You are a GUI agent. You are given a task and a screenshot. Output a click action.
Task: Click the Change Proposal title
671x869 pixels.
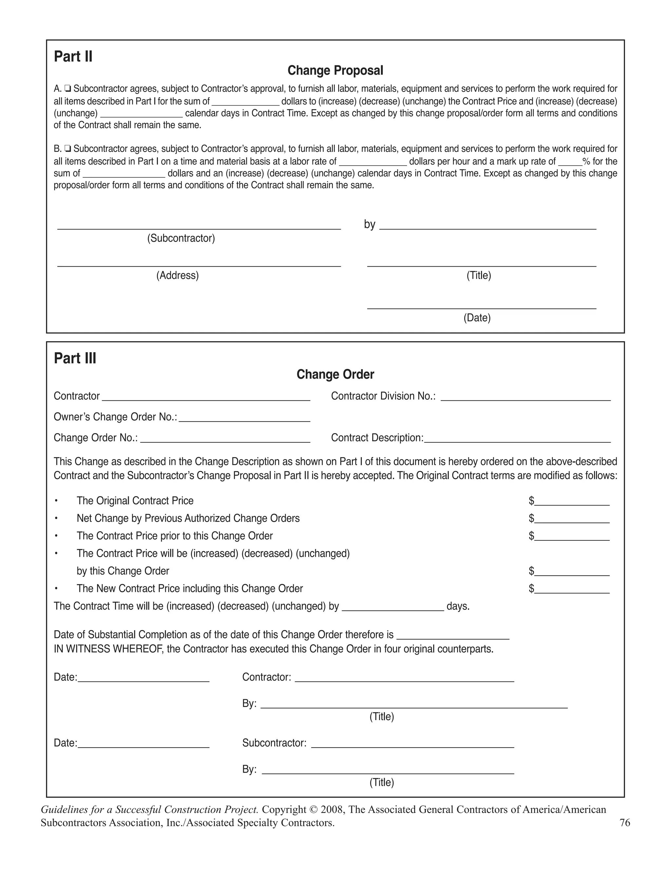[335, 71]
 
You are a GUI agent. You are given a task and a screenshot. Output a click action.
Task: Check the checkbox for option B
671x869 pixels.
[68, 149]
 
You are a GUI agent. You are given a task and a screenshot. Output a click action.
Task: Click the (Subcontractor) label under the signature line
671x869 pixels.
[181, 238]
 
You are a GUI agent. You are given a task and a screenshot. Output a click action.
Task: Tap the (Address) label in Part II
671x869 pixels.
[177, 275]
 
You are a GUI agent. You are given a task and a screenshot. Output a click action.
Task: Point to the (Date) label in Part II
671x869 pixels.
[477, 317]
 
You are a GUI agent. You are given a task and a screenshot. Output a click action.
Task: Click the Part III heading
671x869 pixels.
[75, 358]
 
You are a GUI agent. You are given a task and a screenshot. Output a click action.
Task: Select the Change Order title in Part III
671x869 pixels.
[335, 374]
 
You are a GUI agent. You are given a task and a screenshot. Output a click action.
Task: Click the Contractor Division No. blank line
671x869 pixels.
[525, 397]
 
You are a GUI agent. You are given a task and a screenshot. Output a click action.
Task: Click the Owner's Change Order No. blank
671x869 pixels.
[244, 418]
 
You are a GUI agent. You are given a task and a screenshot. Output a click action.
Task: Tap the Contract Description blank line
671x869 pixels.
[517, 439]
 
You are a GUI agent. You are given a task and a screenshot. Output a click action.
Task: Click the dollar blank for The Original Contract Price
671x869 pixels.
[572, 502]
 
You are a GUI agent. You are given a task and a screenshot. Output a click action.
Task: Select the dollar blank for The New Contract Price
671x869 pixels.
[572, 590]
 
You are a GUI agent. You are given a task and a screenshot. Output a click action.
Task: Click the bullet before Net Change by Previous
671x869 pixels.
[56, 518]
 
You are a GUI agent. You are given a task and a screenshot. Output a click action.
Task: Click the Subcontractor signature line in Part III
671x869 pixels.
[412, 744]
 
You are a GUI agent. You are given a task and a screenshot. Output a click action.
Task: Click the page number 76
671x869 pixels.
[624, 823]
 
